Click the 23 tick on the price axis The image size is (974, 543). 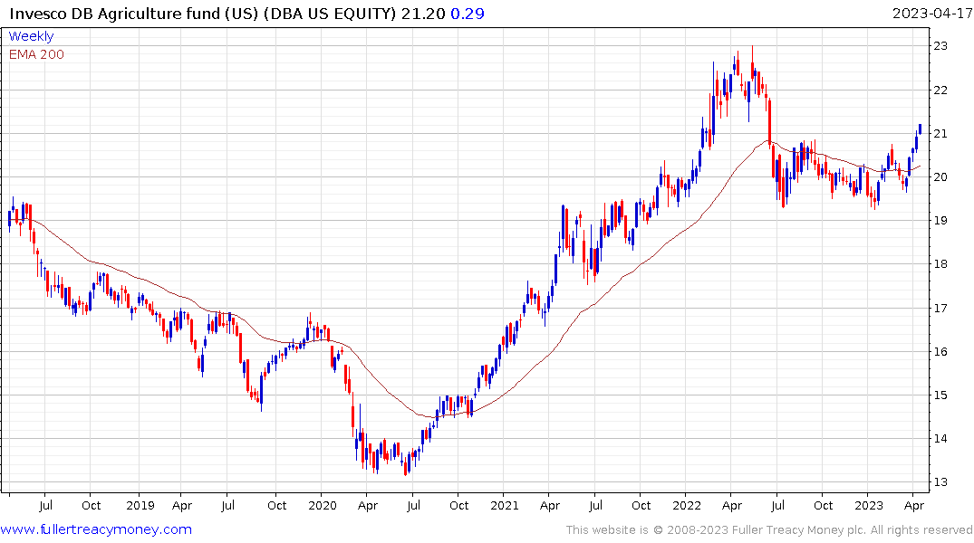coord(941,46)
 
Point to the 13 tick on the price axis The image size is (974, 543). coord(941,482)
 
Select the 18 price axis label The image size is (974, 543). coord(941,264)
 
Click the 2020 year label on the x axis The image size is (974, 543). coord(322,505)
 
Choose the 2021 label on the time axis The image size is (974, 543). coord(504,505)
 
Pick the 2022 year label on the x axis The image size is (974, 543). coord(686,505)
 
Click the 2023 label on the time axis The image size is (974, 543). coord(869,505)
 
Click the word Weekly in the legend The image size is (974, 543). coord(31,36)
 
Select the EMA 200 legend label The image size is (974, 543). coord(36,54)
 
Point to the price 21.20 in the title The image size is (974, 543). coord(427,13)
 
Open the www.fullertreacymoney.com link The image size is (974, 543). coord(96,529)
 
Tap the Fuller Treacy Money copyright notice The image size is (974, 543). coord(769,529)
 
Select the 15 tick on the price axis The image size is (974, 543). coord(941,395)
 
